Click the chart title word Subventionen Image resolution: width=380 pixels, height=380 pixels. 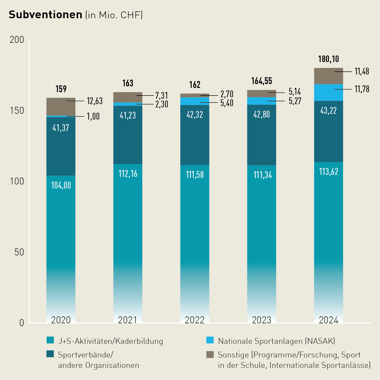[46, 15]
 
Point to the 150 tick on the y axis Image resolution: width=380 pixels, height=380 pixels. [17, 110]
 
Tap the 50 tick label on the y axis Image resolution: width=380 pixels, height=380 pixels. [19, 252]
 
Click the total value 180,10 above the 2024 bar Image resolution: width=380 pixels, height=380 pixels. [329, 59]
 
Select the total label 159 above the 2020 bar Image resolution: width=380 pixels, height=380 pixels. [61, 89]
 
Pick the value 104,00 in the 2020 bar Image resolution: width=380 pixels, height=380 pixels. [61, 185]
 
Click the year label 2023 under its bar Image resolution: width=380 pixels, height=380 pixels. [261, 320]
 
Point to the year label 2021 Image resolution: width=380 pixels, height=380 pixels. [127, 320]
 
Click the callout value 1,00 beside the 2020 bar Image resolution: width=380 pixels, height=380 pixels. [93, 117]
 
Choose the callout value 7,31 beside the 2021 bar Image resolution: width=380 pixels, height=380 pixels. [162, 96]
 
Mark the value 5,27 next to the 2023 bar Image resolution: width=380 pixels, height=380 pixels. [295, 101]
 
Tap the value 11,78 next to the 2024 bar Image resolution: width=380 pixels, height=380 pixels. [362, 89]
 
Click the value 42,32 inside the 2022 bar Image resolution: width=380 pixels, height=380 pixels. [195, 115]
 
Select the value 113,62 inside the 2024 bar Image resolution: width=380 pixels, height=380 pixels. [329, 172]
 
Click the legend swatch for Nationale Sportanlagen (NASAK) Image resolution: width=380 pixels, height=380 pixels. [210, 340]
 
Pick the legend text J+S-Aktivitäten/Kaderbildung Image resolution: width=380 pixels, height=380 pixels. [110, 341]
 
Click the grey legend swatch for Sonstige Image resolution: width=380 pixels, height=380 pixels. [210, 354]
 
